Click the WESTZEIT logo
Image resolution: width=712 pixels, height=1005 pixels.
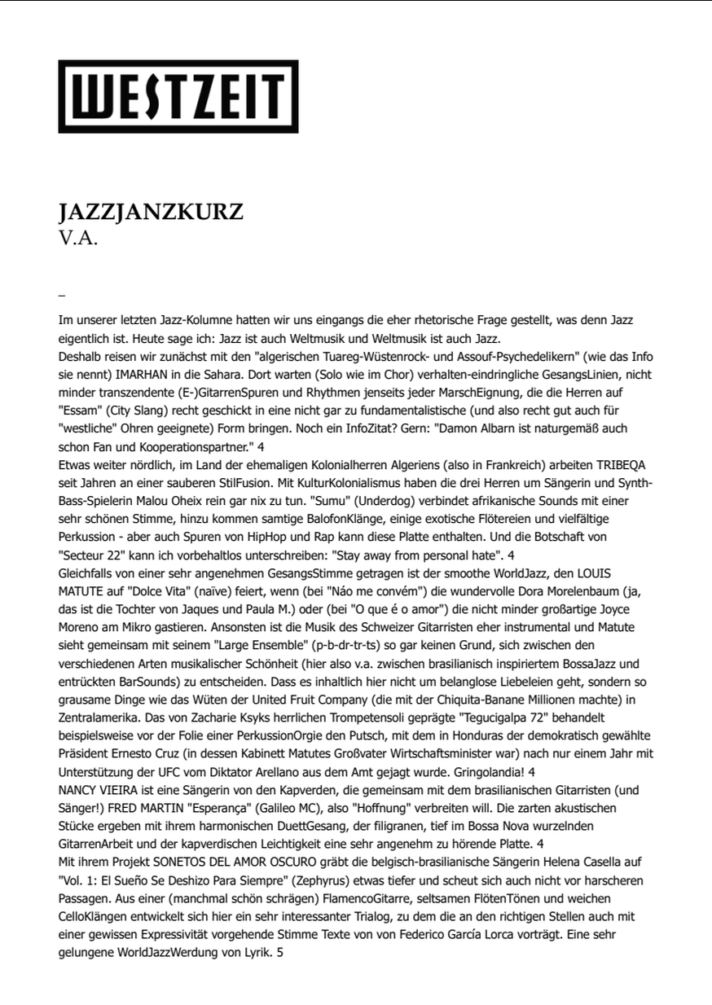pos(178,96)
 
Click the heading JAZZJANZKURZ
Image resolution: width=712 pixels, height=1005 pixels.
pos(151,213)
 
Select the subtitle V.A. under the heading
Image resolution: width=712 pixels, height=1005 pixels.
pos(79,240)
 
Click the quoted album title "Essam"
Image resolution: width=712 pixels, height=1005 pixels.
pos(79,410)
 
